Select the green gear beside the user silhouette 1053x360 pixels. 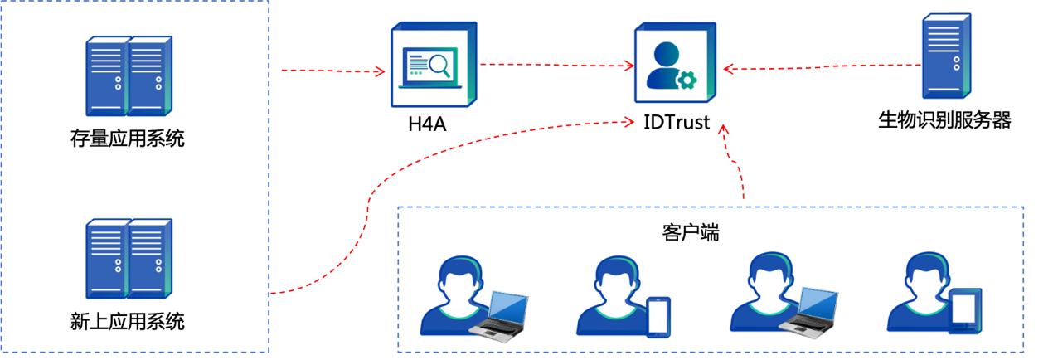[x=687, y=80]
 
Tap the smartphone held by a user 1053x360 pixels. [x=658, y=317]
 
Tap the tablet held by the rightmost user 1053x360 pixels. [x=964, y=310]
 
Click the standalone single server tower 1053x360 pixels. [x=946, y=56]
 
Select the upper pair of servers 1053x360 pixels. [x=129, y=75]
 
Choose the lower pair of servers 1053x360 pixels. [x=129, y=258]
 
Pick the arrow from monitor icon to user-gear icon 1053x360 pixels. [x=556, y=65]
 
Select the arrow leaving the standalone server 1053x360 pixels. [x=821, y=66]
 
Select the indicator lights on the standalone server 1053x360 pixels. [x=957, y=62]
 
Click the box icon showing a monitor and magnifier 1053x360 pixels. [x=433, y=65]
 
